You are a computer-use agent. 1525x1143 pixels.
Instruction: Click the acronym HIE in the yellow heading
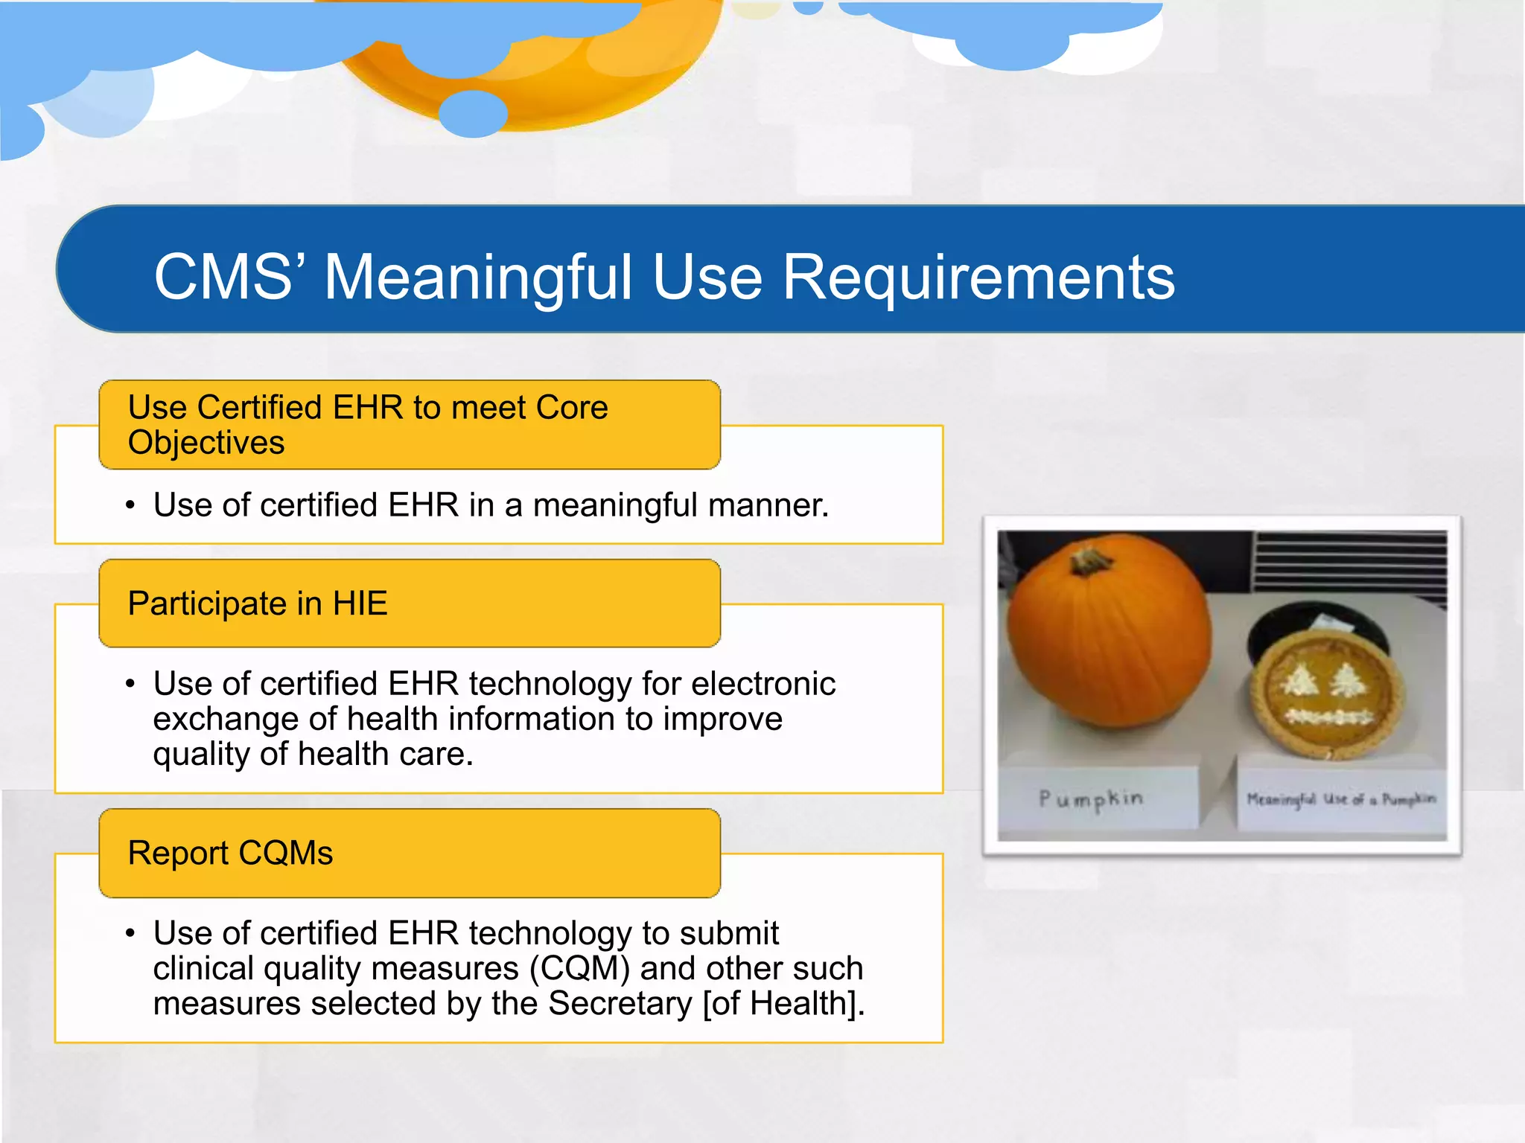360,603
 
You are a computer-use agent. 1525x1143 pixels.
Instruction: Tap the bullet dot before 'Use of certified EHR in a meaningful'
130,506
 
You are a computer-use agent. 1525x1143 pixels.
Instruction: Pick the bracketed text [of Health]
783,1004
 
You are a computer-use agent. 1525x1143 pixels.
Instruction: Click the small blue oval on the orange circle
473,114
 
